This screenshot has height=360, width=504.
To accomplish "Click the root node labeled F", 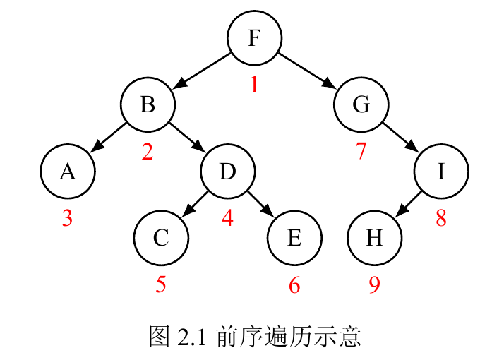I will [254, 38].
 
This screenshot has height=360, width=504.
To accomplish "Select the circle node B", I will [148, 104].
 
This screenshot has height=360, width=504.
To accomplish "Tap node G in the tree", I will [361, 104].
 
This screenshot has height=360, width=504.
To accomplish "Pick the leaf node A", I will [67, 172].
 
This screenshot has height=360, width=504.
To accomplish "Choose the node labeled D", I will [227, 172].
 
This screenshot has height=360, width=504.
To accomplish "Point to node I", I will [441, 172].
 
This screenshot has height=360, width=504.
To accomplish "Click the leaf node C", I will [161, 238].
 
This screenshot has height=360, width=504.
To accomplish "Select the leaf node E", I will [294, 238].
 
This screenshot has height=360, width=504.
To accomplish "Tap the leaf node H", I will [374, 238].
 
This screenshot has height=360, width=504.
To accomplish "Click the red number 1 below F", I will [254, 85].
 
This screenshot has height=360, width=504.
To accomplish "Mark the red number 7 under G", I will [361, 151].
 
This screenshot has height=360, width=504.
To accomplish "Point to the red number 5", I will [161, 284].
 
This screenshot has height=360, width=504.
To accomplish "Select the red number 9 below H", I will [374, 284].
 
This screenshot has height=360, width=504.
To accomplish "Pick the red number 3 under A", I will [67, 218].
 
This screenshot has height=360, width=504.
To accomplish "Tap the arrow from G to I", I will [402, 138].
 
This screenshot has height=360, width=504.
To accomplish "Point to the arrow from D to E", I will [260, 205].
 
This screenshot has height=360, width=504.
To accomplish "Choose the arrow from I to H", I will [408, 205].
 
